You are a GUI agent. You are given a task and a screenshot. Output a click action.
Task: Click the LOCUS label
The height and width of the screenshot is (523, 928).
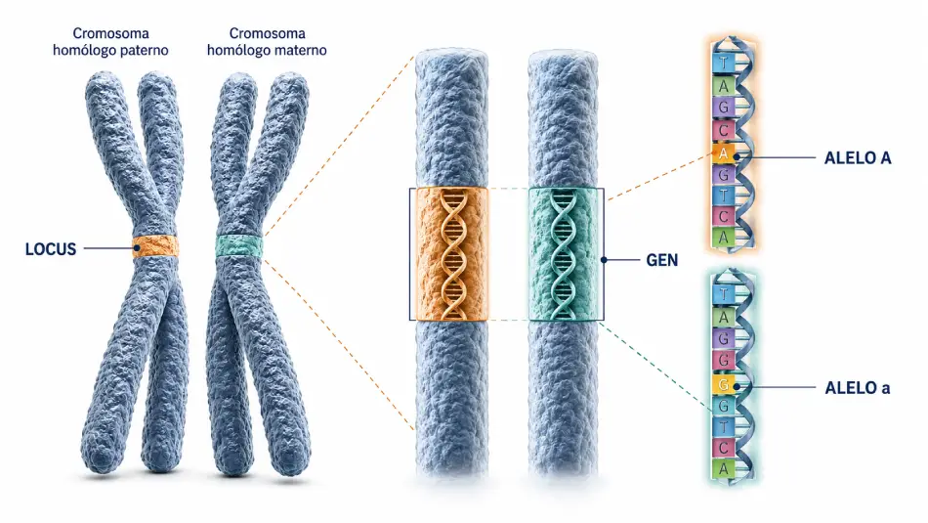point(51,248)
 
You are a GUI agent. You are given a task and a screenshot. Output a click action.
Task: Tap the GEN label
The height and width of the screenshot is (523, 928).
point(661,260)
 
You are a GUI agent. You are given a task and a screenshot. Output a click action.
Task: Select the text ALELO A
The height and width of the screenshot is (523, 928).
point(858,157)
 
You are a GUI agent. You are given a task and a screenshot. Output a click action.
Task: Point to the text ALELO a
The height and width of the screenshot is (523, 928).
point(858,388)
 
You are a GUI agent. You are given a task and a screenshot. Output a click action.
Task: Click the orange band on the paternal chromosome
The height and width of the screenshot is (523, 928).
point(155,246)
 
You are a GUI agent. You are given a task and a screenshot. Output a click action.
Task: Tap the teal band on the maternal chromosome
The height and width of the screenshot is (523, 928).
point(238,246)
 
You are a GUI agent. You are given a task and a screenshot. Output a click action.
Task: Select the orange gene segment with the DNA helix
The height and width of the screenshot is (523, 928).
point(452,254)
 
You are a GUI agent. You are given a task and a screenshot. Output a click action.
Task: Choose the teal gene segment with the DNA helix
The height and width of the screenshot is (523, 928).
point(564,254)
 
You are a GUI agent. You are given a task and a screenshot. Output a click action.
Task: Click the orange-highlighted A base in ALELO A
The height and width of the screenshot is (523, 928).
point(723,153)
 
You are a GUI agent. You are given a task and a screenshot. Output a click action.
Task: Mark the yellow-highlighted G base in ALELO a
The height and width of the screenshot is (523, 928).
point(723,384)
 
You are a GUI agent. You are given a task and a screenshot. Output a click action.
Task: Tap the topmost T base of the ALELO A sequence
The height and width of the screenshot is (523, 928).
point(723,63)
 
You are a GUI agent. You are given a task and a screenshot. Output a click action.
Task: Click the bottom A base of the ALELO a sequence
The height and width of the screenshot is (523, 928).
point(723,469)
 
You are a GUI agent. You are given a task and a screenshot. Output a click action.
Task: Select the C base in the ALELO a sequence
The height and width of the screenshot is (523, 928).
point(723,448)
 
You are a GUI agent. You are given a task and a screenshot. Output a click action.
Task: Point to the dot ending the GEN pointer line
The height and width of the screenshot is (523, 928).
point(604,259)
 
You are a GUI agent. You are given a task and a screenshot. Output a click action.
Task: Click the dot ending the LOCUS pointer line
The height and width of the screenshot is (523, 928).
point(137,248)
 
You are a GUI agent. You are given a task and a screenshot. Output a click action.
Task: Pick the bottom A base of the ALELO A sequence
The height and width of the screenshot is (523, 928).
point(723,238)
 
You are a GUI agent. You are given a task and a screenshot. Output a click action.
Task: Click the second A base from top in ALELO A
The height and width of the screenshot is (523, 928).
point(723,153)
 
